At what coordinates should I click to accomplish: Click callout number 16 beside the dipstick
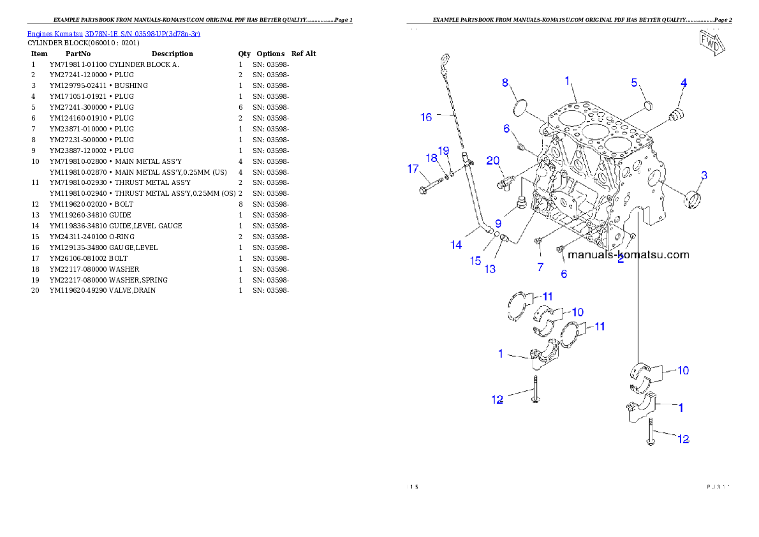[x=426, y=117]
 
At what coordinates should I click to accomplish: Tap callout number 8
[x=505, y=82]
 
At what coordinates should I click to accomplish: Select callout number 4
[x=684, y=83]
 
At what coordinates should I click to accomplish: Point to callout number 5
[x=635, y=82]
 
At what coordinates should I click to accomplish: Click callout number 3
[x=704, y=175]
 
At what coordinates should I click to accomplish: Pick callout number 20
[x=492, y=160]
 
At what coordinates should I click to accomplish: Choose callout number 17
[x=413, y=169]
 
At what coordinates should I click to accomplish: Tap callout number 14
[x=456, y=244]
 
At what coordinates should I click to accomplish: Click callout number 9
[x=497, y=223]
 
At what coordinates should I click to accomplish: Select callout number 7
[x=540, y=267]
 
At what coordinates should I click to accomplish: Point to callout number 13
[x=490, y=269]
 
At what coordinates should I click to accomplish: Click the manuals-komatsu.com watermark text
[x=628, y=255]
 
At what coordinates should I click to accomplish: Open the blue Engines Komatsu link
[x=114, y=34]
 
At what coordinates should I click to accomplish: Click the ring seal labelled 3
[x=693, y=199]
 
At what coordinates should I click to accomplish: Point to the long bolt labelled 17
[x=432, y=187]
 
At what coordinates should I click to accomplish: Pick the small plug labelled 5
[x=646, y=105]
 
